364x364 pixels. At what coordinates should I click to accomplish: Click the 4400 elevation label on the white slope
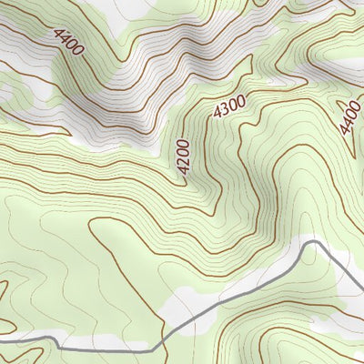coord(67,42)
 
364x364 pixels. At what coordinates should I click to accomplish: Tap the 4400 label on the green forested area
coord(349,116)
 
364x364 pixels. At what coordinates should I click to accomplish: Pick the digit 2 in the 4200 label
coord(183,165)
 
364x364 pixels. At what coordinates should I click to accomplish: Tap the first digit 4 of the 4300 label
coord(217,114)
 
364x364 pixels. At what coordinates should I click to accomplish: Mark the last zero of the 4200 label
coord(183,146)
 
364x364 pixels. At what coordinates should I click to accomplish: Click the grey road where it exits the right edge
coord(362,290)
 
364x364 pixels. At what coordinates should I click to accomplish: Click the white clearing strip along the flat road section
coord(109,343)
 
